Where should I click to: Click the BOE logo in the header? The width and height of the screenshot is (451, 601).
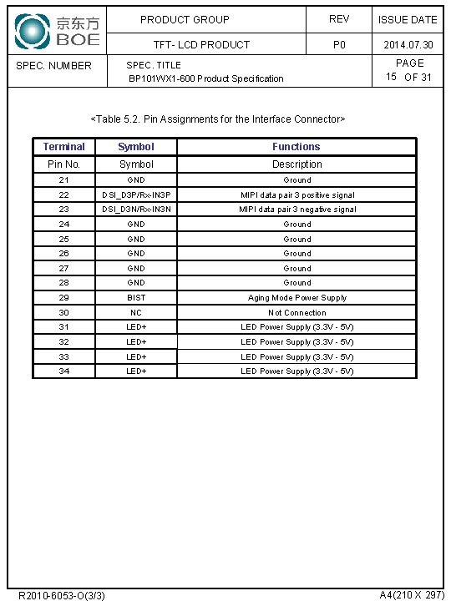click(x=57, y=30)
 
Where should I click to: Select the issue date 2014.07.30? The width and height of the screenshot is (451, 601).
click(x=408, y=45)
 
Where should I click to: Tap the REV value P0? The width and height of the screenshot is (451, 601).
click(x=339, y=45)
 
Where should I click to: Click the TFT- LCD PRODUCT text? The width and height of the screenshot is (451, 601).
click(x=201, y=45)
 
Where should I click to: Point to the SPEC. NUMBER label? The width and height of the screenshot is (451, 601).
click(x=54, y=65)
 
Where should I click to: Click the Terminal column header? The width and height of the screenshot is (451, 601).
click(x=64, y=147)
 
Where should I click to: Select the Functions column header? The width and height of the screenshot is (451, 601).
click(x=296, y=147)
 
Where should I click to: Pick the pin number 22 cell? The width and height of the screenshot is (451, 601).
click(x=64, y=194)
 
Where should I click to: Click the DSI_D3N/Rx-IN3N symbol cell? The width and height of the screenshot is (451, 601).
click(x=136, y=210)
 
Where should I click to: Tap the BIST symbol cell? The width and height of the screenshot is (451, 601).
click(x=136, y=297)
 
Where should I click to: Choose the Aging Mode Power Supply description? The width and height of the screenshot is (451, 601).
click(x=297, y=297)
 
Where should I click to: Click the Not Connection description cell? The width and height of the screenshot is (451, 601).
click(x=297, y=312)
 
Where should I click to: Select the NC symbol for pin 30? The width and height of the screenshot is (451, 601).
click(x=136, y=312)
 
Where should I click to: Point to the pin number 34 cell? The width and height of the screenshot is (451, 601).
click(x=64, y=371)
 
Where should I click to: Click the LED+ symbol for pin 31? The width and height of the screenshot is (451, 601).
click(x=136, y=327)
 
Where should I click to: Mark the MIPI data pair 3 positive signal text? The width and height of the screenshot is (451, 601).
click(x=297, y=194)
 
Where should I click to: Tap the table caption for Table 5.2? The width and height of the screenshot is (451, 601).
click(x=217, y=119)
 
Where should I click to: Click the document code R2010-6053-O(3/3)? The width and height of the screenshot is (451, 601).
click(x=62, y=595)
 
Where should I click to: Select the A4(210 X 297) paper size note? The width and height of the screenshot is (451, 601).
click(x=412, y=594)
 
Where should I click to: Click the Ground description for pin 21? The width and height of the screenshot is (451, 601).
click(x=297, y=179)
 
